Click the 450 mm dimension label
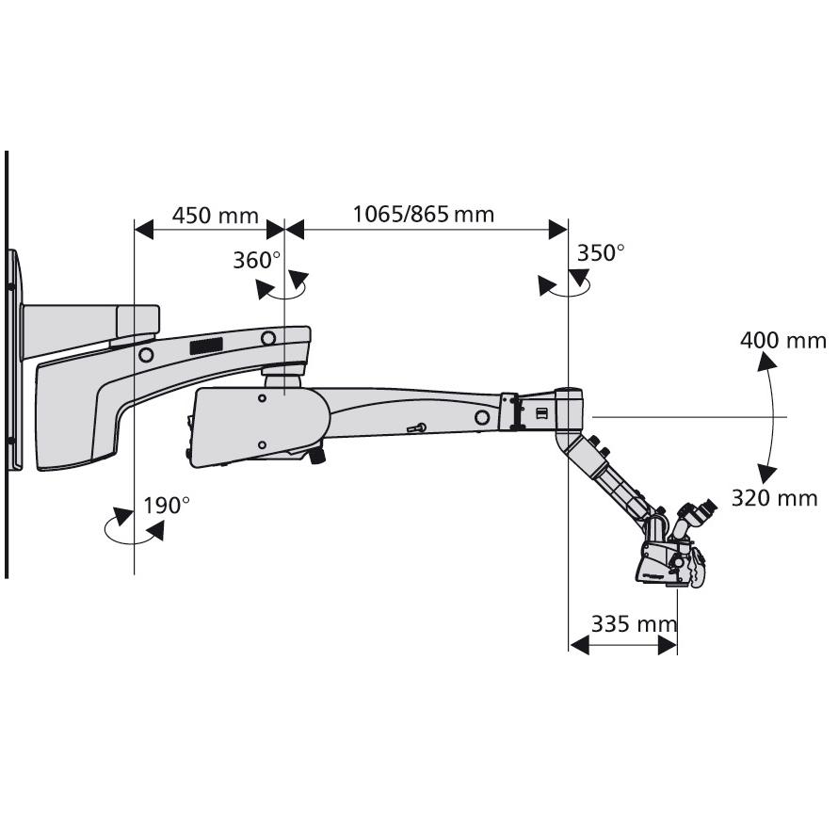click(x=215, y=216)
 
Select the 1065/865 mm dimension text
click(x=423, y=214)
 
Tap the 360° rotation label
click(x=257, y=261)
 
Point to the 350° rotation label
click(x=601, y=252)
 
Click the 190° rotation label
click(x=167, y=506)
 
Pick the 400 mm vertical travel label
click(x=782, y=340)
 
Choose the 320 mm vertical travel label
click(x=774, y=498)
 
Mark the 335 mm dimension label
click(x=634, y=623)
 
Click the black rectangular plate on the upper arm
click(x=205, y=346)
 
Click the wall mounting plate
click(x=13, y=358)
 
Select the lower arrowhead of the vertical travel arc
click(x=767, y=472)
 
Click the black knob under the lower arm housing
click(x=317, y=457)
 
